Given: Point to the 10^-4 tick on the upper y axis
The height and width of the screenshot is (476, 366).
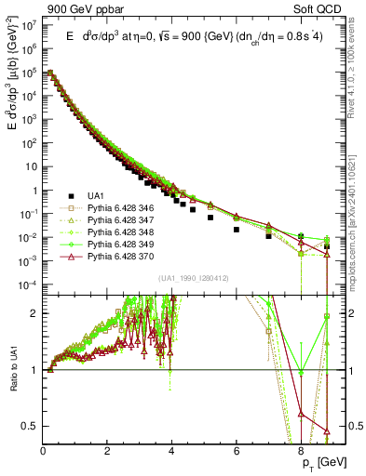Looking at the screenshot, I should coord(29,284).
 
